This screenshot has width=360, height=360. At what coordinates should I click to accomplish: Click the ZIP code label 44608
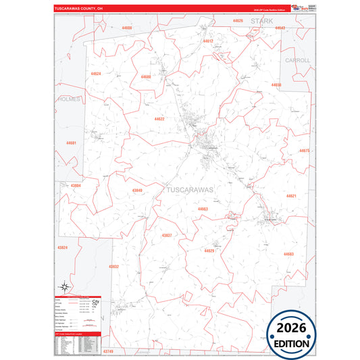[127, 28]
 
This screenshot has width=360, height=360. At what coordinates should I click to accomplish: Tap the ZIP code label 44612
[208, 41]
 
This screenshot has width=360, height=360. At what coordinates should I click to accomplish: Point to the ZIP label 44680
[146, 77]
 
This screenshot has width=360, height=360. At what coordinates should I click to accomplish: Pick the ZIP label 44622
[159, 119]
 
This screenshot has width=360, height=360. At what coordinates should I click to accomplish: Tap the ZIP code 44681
[71, 143]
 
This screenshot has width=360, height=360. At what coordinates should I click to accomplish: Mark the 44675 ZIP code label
[304, 151]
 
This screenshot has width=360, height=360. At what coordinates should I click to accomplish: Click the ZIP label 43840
[137, 190]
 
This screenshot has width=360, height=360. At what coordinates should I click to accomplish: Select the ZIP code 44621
[291, 196]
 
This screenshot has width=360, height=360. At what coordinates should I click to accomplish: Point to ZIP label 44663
[203, 209]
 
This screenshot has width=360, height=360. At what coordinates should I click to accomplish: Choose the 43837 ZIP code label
[167, 235]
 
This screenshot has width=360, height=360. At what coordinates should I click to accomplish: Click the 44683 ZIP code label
[288, 254]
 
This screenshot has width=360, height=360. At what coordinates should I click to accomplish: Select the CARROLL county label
[298, 60]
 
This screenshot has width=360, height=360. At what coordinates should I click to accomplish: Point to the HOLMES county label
[69, 99]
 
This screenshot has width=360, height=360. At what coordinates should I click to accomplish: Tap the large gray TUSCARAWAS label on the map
[189, 190]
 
